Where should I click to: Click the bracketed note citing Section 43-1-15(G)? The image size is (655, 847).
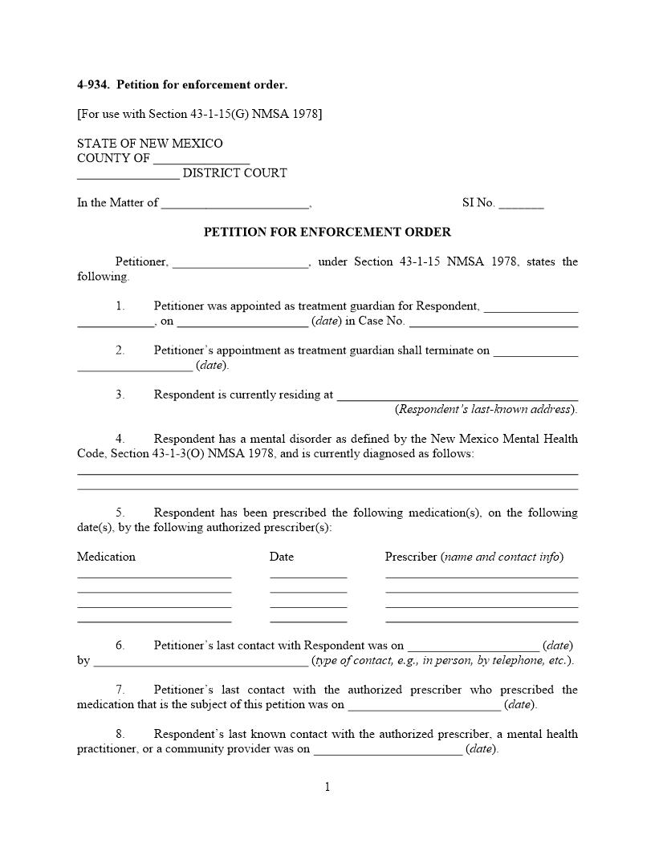(x=199, y=114)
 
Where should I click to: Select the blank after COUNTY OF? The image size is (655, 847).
(x=201, y=159)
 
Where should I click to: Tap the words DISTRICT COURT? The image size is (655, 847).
(x=234, y=173)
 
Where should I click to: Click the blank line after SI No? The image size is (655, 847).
(x=521, y=204)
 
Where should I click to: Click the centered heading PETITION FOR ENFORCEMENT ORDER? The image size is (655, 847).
(x=327, y=233)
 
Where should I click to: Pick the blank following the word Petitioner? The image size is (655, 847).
(x=240, y=263)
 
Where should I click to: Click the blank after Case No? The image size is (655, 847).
(x=494, y=322)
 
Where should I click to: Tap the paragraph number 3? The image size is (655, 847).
(x=120, y=395)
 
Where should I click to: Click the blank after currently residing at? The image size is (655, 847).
(x=458, y=395)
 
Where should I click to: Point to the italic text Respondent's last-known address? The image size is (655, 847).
(x=485, y=409)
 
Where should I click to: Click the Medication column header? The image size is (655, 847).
(x=106, y=557)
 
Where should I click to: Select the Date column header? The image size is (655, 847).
(x=282, y=557)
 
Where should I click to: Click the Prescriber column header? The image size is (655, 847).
(x=411, y=557)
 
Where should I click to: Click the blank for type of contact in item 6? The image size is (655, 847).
(x=201, y=662)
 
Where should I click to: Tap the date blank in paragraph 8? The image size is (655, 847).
(x=388, y=751)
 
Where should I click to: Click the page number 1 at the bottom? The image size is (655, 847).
(x=327, y=787)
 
